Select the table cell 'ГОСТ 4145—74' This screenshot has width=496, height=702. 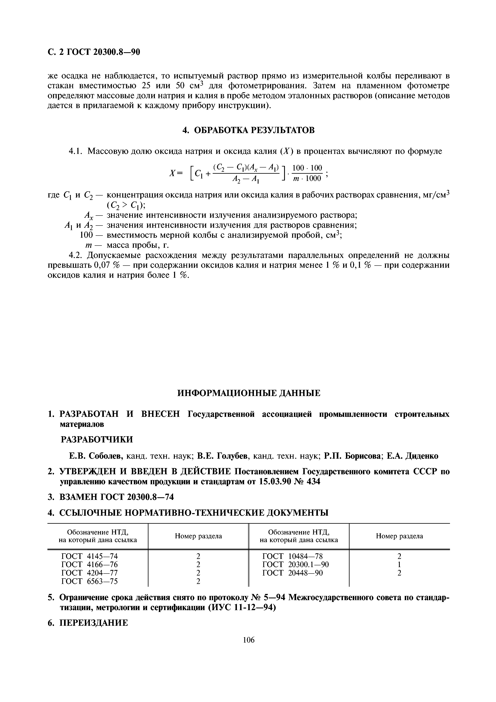(90, 556)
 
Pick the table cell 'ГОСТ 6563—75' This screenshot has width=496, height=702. (90, 581)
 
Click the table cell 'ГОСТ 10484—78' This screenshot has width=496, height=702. (293, 556)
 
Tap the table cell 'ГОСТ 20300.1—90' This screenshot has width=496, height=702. (296, 564)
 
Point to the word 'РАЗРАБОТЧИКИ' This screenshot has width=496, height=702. (97, 440)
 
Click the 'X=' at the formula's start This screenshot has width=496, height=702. (176, 173)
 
